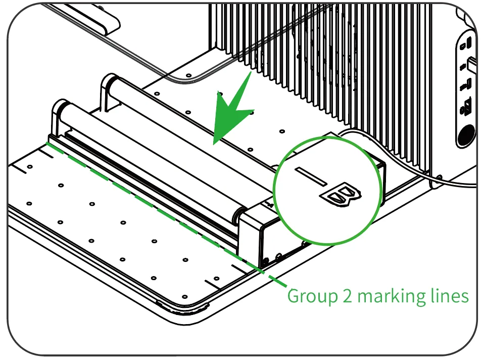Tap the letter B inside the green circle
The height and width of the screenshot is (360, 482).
pos(341,195)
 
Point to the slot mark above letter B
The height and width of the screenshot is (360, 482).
pos(311,176)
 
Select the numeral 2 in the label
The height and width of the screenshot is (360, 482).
pos(347,295)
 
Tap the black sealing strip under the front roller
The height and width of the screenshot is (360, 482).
pos(151,188)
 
